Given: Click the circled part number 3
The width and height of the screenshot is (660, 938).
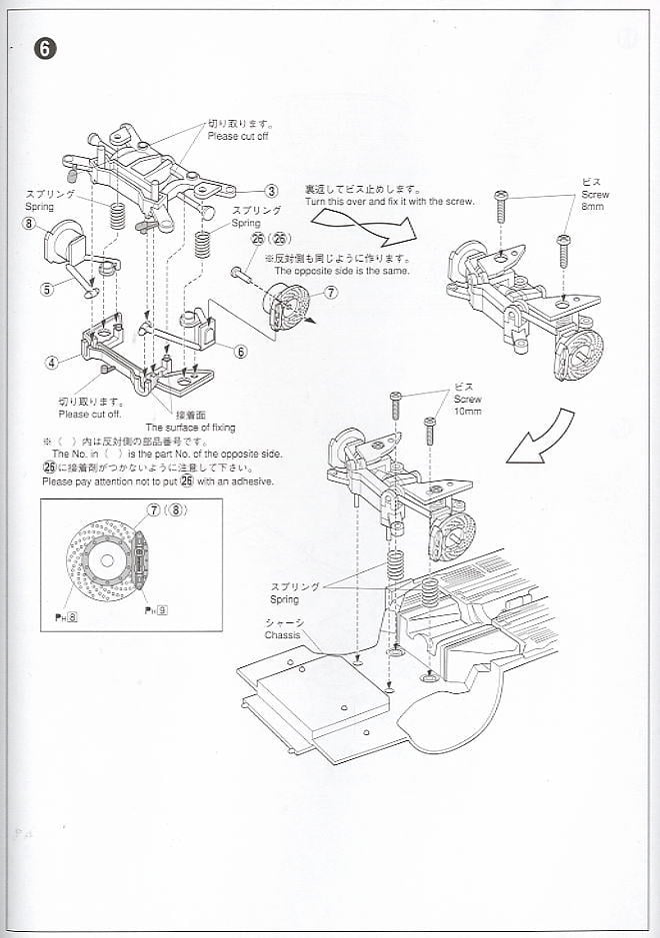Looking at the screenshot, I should click(x=271, y=191).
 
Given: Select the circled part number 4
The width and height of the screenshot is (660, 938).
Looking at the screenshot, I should click(x=51, y=363).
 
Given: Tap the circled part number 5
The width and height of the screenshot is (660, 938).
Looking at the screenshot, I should click(x=46, y=291).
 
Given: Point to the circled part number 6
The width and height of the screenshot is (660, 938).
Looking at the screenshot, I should click(x=241, y=351).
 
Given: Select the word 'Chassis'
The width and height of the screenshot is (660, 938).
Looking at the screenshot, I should click(x=283, y=633).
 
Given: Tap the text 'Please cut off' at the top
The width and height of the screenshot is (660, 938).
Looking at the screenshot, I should click(x=238, y=136).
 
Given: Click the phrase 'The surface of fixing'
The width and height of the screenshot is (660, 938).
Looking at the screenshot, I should click(x=191, y=428).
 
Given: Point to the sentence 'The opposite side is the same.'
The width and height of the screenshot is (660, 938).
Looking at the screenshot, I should click(x=341, y=271).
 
